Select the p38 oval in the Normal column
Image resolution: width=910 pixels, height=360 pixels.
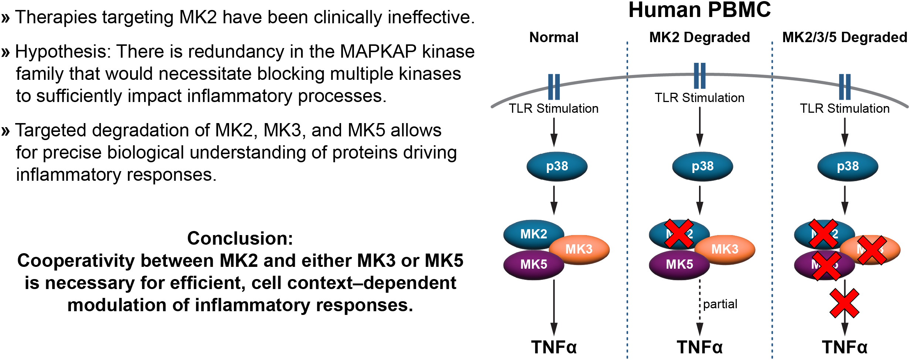coord(557,167)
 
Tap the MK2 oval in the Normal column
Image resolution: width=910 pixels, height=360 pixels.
coord(533,234)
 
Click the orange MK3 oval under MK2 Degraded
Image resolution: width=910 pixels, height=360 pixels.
coord(725,249)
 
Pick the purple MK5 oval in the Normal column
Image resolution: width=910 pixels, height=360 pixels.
coord(533,265)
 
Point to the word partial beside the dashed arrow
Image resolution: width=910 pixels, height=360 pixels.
coord(720,304)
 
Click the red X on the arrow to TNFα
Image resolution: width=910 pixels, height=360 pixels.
coord(844,303)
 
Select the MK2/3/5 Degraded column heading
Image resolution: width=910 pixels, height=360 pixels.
coord(844,37)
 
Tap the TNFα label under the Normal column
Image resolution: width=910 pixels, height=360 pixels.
coord(553,347)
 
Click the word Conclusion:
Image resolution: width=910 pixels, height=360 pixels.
coord(240,238)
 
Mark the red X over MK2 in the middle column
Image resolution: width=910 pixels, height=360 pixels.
coord(679,234)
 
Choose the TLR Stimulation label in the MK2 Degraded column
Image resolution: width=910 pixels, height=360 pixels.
coord(699,98)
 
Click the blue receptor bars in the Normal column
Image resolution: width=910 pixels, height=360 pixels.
coord(554,87)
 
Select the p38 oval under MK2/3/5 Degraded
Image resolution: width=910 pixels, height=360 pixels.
coord(848,167)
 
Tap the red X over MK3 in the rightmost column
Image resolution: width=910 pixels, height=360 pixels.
coord(872,250)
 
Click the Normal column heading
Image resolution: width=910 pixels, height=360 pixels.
coord(553,37)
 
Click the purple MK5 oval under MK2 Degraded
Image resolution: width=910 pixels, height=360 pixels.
coord(679,265)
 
